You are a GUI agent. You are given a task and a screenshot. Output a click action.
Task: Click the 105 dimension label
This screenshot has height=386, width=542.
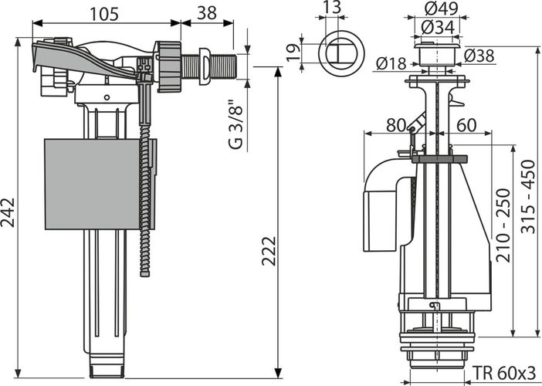pos(104,14)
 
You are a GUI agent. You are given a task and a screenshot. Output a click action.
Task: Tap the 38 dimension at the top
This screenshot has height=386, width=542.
pos(207,13)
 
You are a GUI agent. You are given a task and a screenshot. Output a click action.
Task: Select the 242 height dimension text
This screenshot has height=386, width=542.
pos(8,212)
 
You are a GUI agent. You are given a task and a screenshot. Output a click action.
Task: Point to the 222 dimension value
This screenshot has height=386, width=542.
pos(269,251)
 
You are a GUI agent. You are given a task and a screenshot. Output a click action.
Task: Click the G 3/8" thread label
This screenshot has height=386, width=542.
pos(236,124)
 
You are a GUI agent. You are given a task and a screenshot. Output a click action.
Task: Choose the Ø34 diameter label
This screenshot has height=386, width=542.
pos(438,27)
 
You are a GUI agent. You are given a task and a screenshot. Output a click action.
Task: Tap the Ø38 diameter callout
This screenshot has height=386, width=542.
pos(479,56)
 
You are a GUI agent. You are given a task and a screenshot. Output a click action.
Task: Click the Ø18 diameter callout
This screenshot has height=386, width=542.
pos(391,63)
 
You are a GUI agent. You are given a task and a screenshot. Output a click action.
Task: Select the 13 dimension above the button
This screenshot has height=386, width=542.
pos(333,7)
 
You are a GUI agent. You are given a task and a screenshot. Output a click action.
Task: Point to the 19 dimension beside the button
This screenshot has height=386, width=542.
pos(294,52)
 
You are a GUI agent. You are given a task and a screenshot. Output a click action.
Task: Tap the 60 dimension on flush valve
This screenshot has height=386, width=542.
pos(466,125)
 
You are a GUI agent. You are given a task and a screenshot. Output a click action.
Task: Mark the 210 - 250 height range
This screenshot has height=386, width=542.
pos(503,225)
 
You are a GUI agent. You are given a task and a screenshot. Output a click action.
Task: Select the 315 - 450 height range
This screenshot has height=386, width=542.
pos(528,196)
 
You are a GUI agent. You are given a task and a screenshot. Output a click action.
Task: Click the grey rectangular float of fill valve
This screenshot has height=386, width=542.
pos(93,185)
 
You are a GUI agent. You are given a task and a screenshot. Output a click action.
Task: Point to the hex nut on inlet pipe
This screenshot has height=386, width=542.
pos(169,66)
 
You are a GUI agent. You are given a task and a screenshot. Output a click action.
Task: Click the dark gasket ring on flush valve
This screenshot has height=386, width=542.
pos(439,159)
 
